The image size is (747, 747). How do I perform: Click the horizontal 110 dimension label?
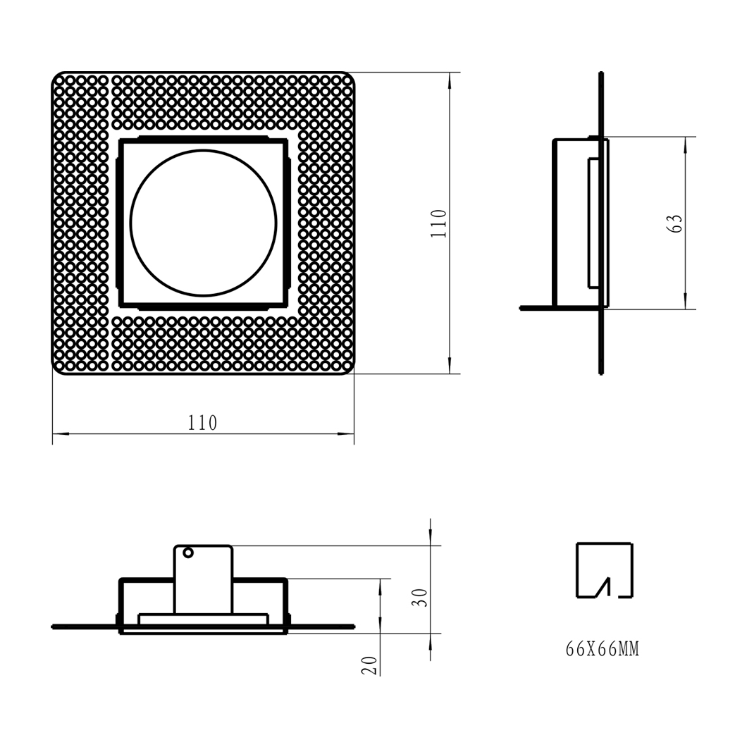coord(202,423)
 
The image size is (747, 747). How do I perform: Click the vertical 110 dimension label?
coord(438,223)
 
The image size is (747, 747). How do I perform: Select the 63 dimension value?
coord(675,223)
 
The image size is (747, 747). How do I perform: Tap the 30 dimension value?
coord(420,598)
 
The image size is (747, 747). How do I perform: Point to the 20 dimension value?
coord(370,665)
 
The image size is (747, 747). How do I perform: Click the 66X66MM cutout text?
coord(602,649)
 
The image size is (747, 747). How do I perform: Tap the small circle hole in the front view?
coord(188,552)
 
